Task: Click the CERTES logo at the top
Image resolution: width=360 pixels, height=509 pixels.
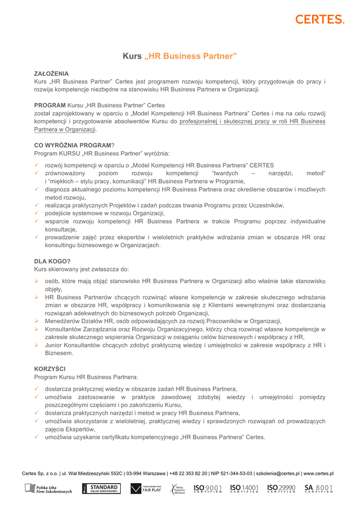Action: click(x=320, y=19)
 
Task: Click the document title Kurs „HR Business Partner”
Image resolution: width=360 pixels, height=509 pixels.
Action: click(x=180, y=56)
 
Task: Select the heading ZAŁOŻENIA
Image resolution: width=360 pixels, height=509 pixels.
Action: click(x=51, y=73)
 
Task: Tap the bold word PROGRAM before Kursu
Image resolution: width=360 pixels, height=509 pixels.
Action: click(x=50, y=105)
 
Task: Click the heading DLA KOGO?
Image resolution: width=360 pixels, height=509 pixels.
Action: click(x=52, y=261)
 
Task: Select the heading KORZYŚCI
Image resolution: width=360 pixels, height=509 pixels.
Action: click(x=50, y=369)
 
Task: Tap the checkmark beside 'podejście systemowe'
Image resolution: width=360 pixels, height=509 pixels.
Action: click(x=37, y=213)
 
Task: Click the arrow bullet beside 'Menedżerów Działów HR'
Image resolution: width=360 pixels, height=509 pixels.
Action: click(x=37, y=321)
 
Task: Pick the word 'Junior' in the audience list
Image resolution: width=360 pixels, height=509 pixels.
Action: click(x=54, y=345)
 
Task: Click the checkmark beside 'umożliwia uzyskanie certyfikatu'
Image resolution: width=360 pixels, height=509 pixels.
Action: click(x=37, y=437)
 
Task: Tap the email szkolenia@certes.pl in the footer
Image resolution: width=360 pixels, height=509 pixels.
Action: click(x=277, y=474)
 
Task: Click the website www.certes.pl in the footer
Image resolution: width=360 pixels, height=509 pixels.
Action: click(x=318, y=474)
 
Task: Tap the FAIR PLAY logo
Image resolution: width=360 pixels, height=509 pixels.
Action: click(x=146, y=489)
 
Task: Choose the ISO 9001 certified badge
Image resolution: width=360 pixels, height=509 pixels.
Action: click(x=207, y=489)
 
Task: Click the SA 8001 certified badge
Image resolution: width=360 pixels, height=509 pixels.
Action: click(x=319, y=489)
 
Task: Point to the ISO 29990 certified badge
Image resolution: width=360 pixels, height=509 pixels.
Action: click(x=281, y=489)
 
